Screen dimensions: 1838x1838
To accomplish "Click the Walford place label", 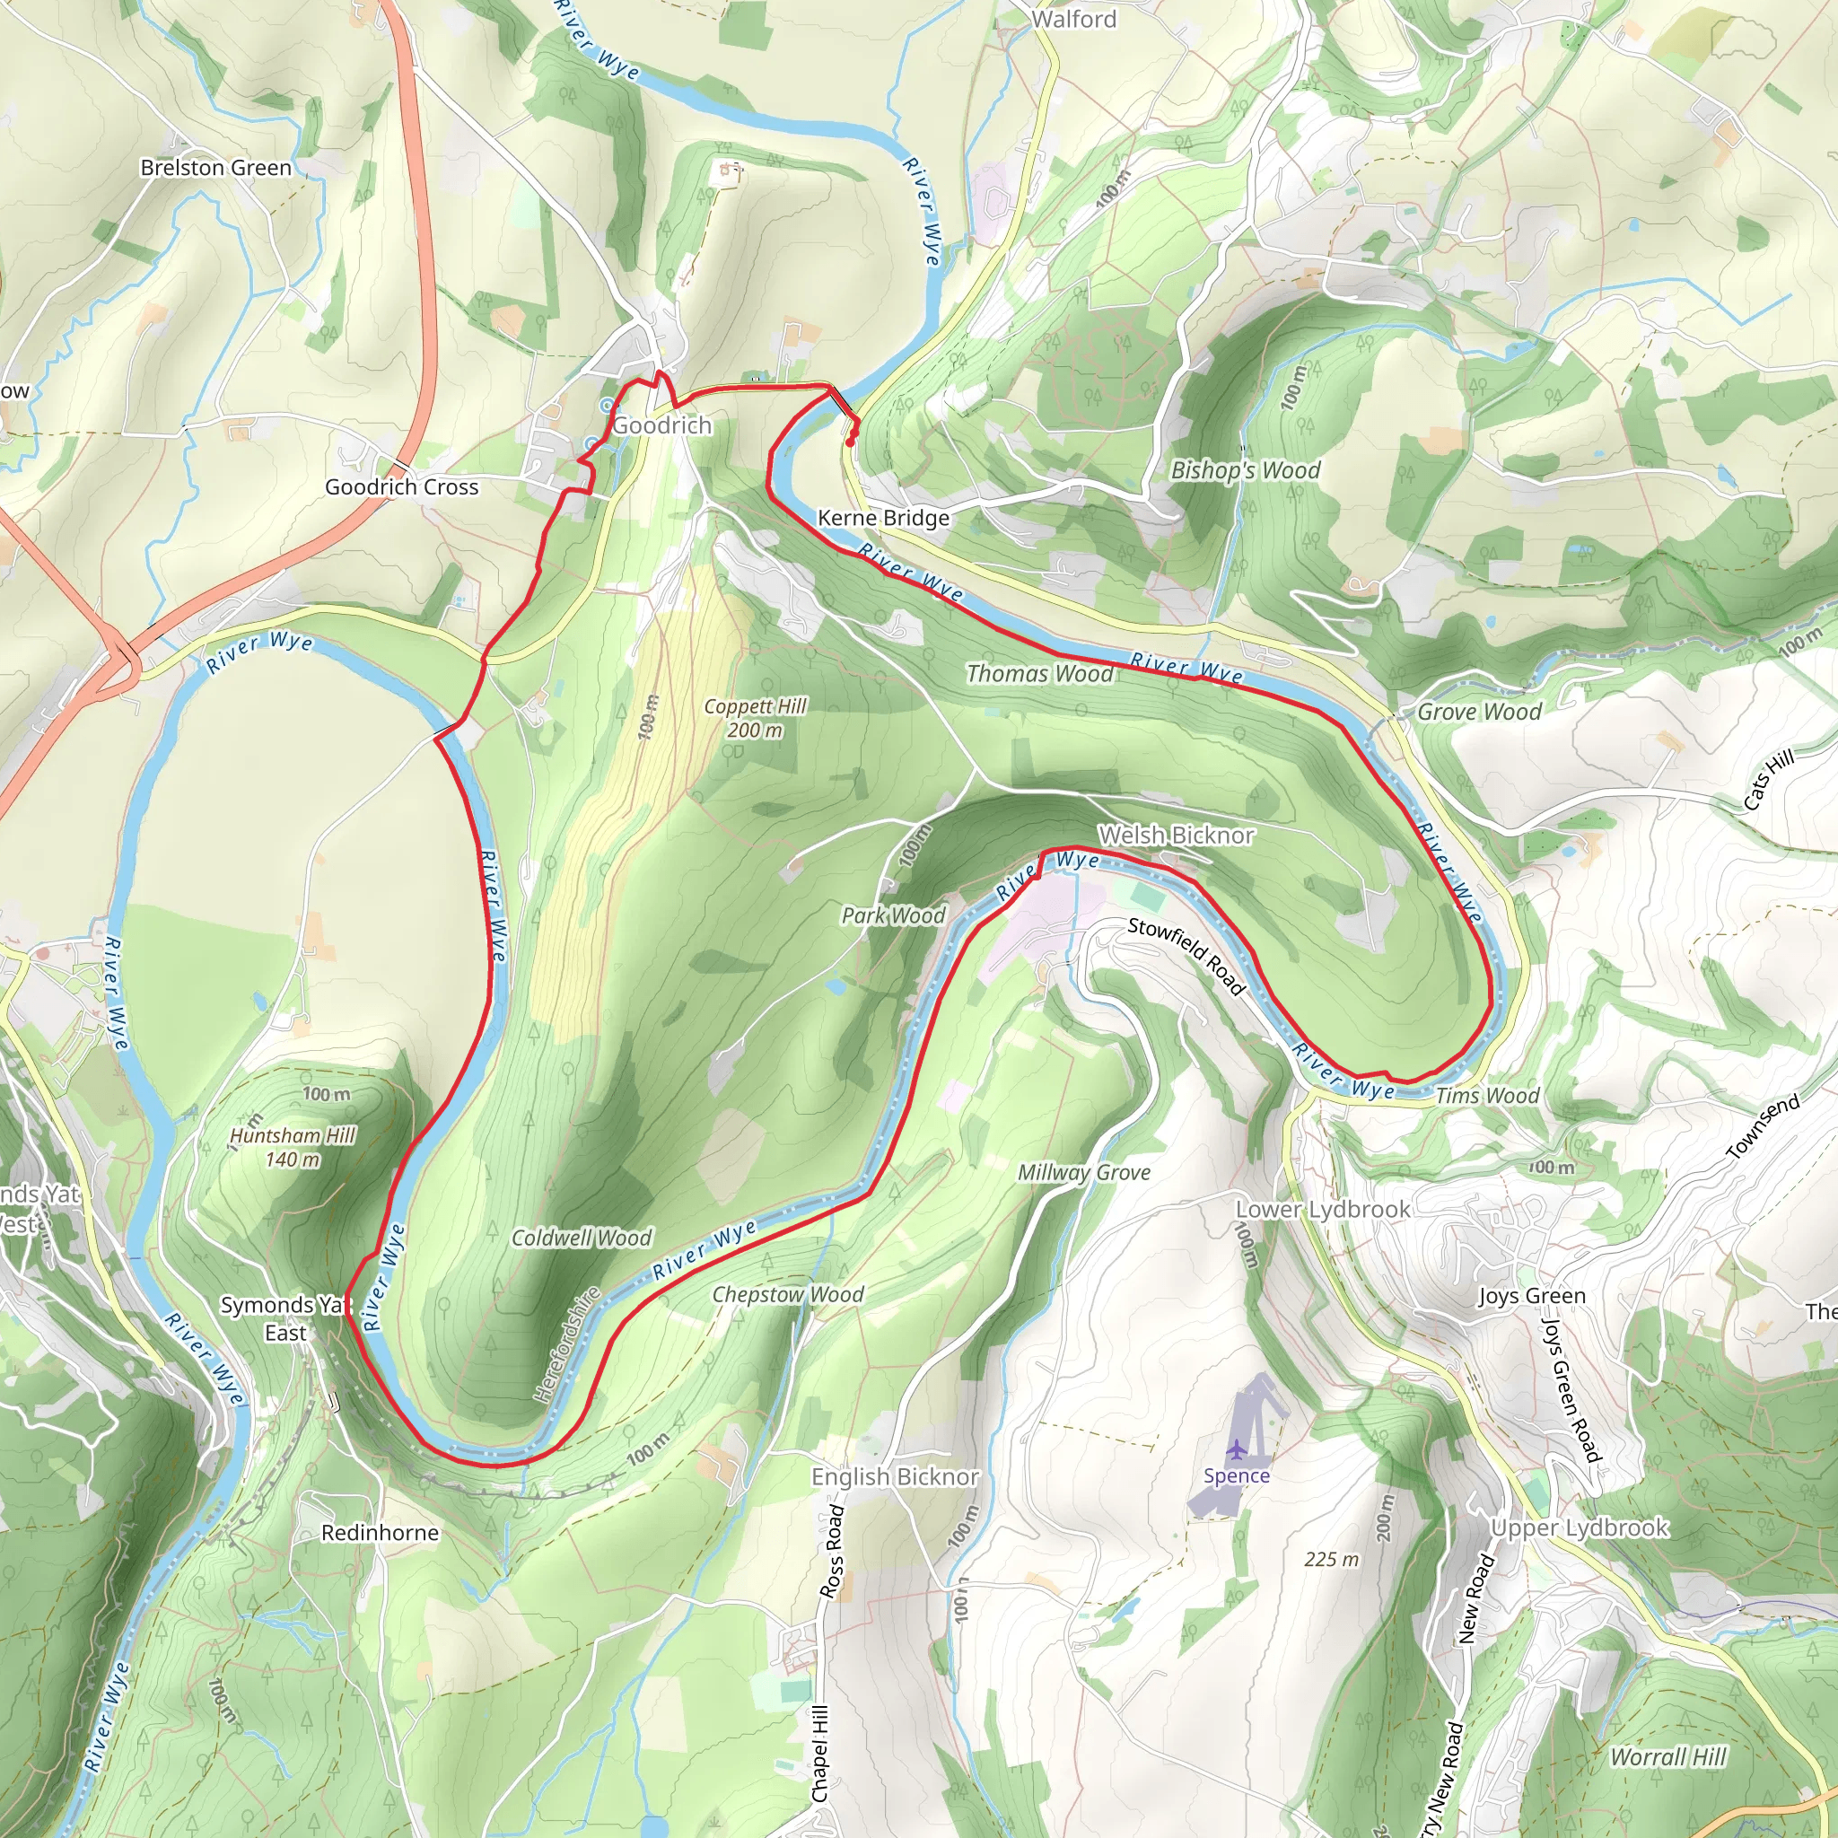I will point(1073,19).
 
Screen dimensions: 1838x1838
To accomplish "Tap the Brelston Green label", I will point(216,168).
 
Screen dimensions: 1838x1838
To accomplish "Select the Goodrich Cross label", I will point(401,487).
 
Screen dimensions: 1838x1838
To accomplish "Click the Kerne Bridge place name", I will point(883,518).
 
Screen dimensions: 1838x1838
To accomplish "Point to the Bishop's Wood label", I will point(1246,470).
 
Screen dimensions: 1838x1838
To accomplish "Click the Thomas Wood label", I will point(1040,674).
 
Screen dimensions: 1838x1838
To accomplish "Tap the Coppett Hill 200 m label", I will point(755,718).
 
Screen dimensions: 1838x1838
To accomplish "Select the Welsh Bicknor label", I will point(1176,836).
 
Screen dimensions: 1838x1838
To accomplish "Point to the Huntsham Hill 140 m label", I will point(292,1147).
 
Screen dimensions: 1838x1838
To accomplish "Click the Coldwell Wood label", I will point(582,1238).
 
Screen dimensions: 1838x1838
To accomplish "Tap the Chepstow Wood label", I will point(788,1295).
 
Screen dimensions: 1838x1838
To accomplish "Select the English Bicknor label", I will point(894,1476).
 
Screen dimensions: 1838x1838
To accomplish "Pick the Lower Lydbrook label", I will point(1322,1209).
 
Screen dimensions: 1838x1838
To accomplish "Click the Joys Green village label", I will point(1532,1296).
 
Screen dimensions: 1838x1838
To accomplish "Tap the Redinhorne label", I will point(380,1533).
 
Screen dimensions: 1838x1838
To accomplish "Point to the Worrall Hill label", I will point(1667,1757).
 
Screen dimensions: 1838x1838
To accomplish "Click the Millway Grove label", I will point(1083,1173).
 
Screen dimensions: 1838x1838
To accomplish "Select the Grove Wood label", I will point(1479,712).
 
